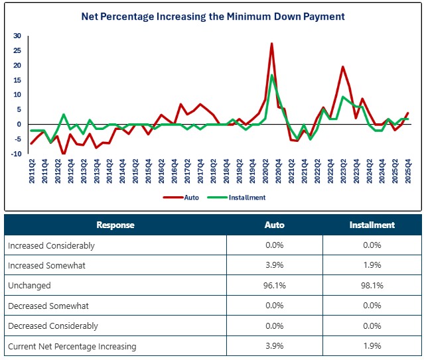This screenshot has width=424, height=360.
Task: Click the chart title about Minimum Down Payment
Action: [x=212, y=15]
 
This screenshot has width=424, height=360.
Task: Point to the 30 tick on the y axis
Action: [x=17, y=36]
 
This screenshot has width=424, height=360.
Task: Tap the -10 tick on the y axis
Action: [x=16, y=154]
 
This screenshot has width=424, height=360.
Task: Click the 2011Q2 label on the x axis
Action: [x=31, y=170]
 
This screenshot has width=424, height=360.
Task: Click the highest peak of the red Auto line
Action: [x=271, y=44]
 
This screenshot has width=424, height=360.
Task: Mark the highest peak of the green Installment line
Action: [x=271, y=75]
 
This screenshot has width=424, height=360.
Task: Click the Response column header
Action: [x=115, y=225]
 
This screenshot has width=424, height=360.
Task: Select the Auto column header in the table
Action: [x=275, y=225]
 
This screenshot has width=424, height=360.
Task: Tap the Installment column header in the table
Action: [x=372, y=225]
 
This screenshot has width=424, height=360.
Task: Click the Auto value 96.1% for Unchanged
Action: [x=275, y=285]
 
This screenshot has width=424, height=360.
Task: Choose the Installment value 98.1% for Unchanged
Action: [x=372, y=285]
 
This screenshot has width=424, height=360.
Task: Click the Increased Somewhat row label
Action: [x=46, y=265]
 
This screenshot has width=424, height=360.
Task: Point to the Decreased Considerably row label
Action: [x=53, y=326]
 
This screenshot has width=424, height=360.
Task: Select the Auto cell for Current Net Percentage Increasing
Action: [x=275, y=345]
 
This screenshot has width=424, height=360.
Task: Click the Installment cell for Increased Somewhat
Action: [x=372, y=265]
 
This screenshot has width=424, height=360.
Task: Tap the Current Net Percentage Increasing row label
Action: [x=72, y=345]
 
